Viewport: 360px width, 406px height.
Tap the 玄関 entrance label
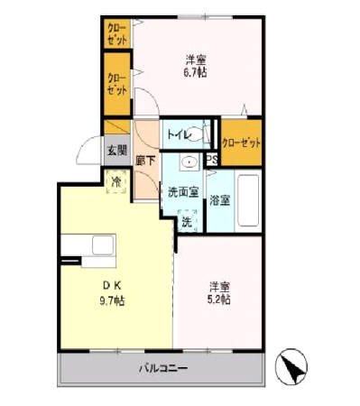(115, 151)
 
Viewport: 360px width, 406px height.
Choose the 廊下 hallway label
(145, 161)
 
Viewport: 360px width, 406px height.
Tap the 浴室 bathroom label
(218, 199)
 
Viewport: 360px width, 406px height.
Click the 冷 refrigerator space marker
(115, 181)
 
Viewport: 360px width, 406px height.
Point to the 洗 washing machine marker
(186, 219)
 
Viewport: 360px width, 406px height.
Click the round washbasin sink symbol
(189, 163)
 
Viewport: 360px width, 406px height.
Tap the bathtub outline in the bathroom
(247, 199)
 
